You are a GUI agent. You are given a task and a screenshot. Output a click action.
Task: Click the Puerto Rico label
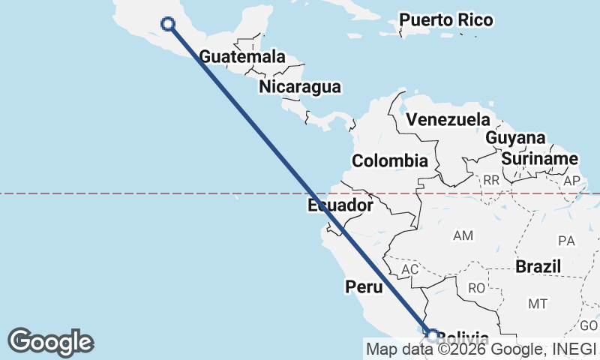click(445, 20)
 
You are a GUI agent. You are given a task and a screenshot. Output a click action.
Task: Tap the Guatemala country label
click(242, 57)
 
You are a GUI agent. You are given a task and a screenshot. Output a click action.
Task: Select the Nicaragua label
click(300, 87)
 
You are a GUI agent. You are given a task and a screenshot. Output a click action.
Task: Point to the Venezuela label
click(447, 119)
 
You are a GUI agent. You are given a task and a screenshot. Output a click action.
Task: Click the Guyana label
click(515, 138)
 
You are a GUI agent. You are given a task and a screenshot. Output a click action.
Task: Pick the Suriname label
click(540, 159)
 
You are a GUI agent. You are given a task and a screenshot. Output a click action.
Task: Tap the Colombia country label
click(390, 160)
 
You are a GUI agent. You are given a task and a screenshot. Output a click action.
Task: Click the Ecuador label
click(340, 205)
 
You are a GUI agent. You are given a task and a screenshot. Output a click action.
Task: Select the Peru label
click(364, 286)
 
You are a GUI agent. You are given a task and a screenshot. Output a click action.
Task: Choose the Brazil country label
click(538, 266)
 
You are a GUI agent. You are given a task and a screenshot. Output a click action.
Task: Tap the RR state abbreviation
click(491, 181)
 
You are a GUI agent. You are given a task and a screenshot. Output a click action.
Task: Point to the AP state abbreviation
click(572, 181)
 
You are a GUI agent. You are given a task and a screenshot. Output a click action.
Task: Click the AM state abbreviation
click(463, 235)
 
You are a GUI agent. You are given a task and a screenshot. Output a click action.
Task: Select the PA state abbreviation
click(566, 241)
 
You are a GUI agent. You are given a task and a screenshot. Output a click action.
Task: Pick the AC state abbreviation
click(409, 268)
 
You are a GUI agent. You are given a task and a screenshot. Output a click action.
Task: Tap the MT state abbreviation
click(537, 304)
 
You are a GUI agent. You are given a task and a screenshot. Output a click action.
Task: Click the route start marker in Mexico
click(169, 24)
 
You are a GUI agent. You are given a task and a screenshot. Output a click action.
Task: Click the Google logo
click(50, 342)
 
